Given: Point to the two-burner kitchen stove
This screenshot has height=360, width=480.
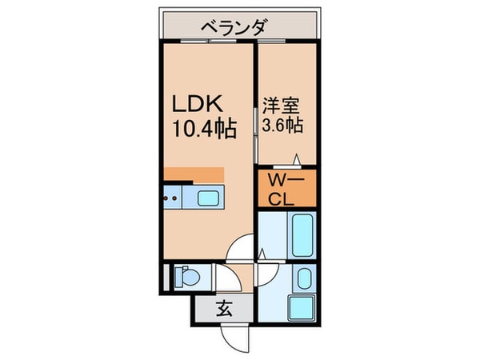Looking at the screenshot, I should click(171, 197).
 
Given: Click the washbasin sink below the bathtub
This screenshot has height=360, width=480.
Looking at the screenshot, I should click(303, 280).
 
